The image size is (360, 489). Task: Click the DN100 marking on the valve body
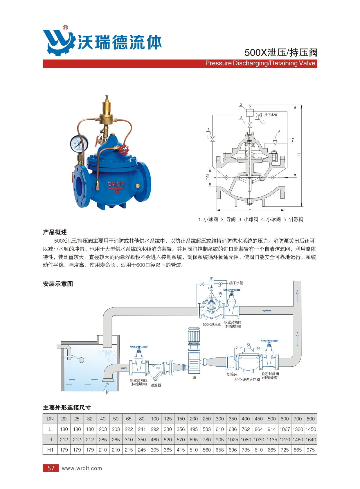click(116, 184)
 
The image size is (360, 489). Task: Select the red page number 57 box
click(51, 468)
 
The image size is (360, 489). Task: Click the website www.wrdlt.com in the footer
click(82, 468)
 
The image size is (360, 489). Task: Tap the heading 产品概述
click(55, 232)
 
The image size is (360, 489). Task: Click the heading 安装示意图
click(58, 284)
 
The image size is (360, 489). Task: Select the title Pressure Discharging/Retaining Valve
click(260, 63)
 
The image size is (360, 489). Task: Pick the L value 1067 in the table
click(285, 429)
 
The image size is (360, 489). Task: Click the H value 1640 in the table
click(311, 440)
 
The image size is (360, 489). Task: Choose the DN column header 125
click(168, 419)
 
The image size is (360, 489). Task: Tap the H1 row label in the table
click(50, 450)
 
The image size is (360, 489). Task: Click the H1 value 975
click(311, 450)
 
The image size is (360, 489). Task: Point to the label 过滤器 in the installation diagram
click(156, 385)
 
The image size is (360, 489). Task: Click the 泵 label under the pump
click(195, 377)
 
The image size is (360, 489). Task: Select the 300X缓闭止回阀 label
click(247, 380)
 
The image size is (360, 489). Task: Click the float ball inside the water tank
click(81, 360)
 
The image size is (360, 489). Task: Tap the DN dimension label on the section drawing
click(208, 177)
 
